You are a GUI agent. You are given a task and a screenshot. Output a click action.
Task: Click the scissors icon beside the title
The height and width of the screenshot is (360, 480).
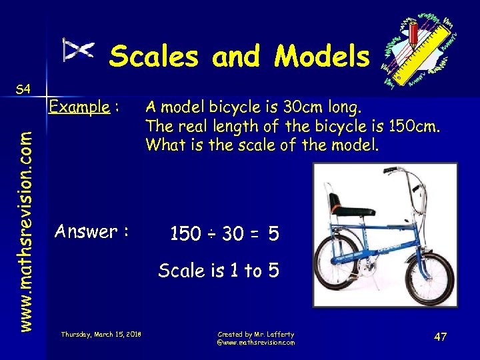(x=79, y=50)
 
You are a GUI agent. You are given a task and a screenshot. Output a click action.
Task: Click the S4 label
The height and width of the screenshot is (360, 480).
(x=23, y=89)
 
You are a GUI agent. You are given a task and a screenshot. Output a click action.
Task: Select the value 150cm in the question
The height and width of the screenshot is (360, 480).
(x=413, y=125)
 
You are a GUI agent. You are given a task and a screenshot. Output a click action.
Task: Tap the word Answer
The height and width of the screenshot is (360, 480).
(x=86, y=232)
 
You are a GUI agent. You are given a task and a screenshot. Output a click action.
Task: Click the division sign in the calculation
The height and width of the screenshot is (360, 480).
(x=210, y=234)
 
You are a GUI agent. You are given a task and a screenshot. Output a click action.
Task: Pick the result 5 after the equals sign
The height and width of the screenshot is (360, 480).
(x=273, y=234)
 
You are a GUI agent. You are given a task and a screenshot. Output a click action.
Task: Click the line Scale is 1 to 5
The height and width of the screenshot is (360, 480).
(x=219, y=270)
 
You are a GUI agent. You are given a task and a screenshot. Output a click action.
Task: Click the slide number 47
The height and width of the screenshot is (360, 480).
(x=440, y=337)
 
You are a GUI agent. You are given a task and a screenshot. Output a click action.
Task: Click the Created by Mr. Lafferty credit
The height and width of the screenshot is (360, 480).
(x=255, y=334)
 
